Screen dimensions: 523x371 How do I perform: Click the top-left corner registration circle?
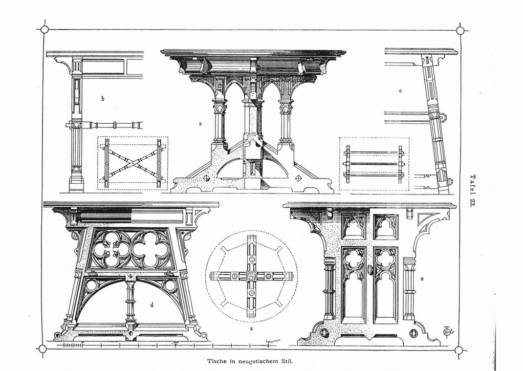[45, 29]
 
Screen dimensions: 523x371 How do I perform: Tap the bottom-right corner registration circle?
[459, 351]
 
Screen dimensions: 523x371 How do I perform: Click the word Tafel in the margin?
[472, 184]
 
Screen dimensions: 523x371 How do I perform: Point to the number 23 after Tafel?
[472, 203]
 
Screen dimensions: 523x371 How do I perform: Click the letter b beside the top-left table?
[103, 98]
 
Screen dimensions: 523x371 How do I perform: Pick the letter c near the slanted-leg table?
[400, 90]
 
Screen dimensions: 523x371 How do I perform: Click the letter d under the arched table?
[152, 304]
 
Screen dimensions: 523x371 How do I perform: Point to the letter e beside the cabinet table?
[422, 279]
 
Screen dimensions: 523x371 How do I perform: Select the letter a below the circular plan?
[251, 329]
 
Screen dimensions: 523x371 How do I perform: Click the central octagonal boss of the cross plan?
[251, 276]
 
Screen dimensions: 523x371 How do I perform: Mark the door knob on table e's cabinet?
[369, 269]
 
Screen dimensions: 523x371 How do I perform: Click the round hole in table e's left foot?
[324, 332]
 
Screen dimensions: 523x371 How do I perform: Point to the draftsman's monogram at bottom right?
[448, 331]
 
